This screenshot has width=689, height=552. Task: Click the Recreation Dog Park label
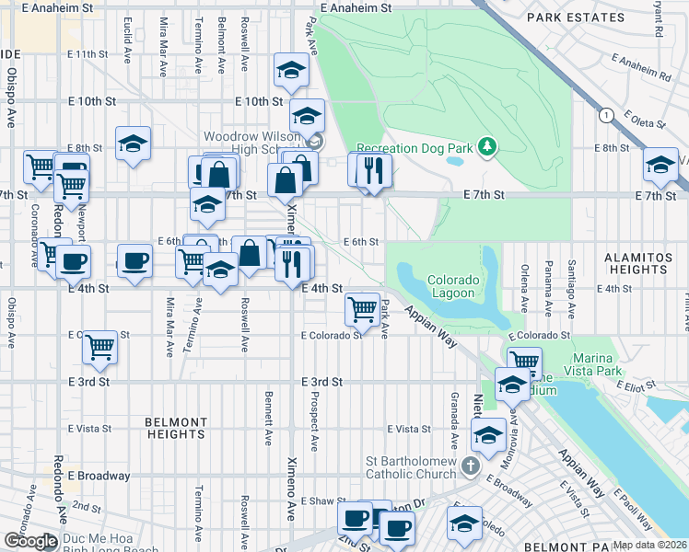coord(414,147)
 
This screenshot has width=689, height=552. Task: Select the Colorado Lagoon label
coord(451,286)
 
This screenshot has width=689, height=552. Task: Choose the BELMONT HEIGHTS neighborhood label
coord(175,428)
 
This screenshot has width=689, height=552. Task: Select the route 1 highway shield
coord(606,115)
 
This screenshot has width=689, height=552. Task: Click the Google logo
coord(29,540)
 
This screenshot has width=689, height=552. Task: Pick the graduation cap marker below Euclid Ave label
coord(134,144)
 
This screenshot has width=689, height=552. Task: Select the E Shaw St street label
coord(321,501)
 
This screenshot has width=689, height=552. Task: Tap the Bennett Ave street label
coord(268,415)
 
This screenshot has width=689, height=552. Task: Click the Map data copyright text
coord(650,545)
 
